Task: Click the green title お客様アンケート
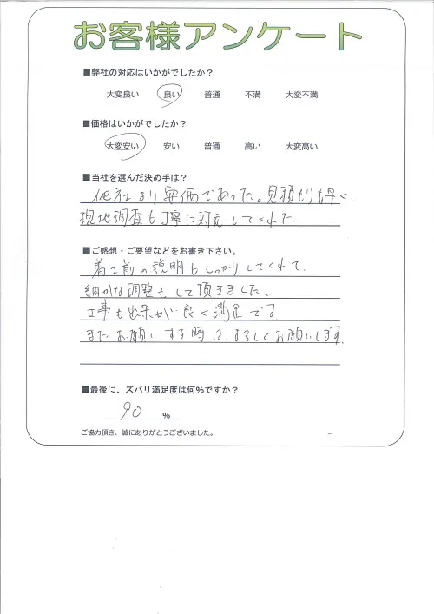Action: pos(217,36)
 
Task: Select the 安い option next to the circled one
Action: pos(171,147)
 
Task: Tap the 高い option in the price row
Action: pos(253,147)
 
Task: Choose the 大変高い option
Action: pos(302,147)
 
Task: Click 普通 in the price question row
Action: pos(212,147)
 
